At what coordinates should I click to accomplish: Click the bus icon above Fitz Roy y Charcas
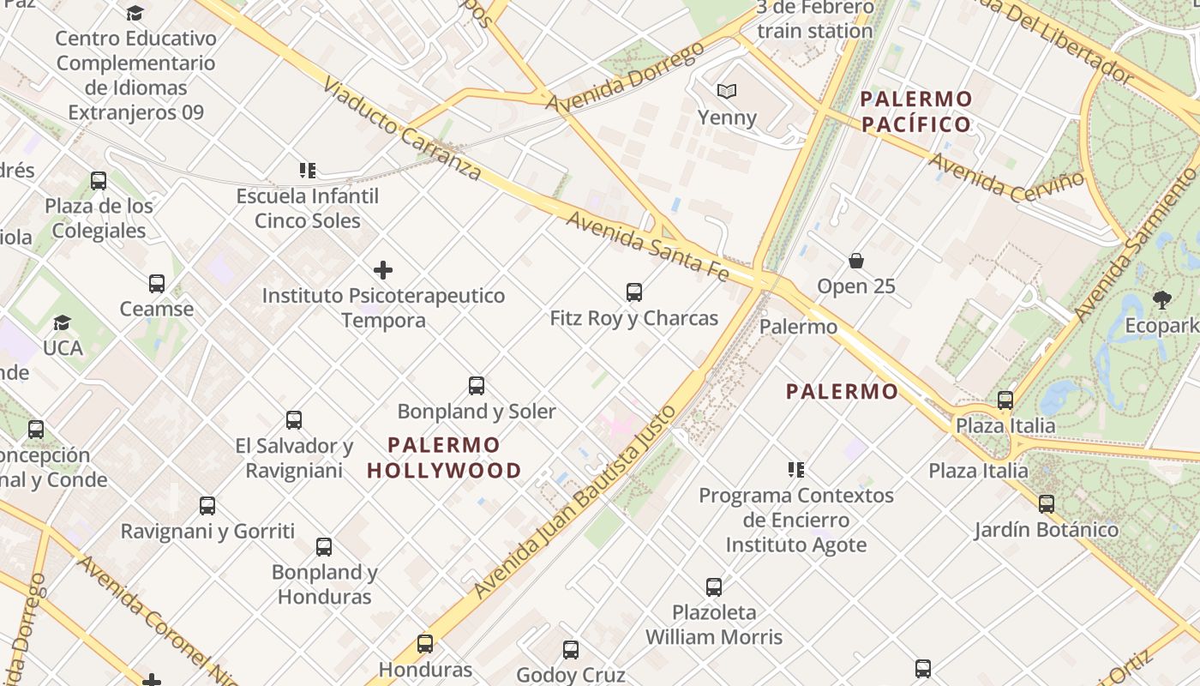pos(634,292)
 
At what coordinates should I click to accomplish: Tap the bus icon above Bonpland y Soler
pos(477,386)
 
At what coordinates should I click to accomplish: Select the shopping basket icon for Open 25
pos(855,261)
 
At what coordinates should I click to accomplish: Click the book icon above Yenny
pos(727,91)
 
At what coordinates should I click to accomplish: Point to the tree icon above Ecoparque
pos(1162,300)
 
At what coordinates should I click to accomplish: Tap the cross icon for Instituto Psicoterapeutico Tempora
pos(383,271)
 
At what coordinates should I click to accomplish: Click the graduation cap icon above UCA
pos(63,322)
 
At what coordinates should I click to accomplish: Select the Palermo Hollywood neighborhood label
pos(444,457)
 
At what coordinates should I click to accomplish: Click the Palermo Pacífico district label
pos(916,111)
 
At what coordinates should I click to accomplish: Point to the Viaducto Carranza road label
pos(402,128)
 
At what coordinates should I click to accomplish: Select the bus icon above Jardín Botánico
pos(1047,504)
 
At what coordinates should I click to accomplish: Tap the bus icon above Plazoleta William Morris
pos(714,587)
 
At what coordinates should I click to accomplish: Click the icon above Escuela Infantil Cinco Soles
pos(308,171)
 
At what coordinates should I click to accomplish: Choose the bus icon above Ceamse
pos(157,284)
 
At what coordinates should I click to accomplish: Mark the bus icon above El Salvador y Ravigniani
pos(294,420)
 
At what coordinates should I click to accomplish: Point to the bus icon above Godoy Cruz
pos(571,650)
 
